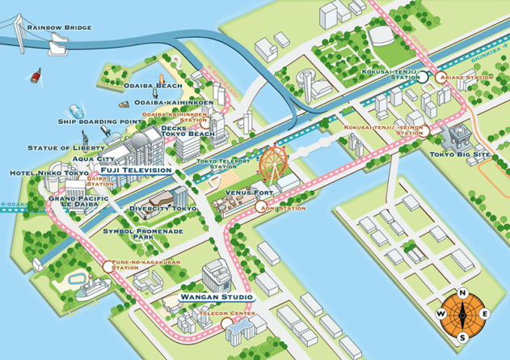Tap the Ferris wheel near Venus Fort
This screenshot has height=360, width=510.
pos(269,163)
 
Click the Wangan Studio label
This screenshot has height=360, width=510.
pos(216,299)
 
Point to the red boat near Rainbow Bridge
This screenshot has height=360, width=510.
pos(36,78)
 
